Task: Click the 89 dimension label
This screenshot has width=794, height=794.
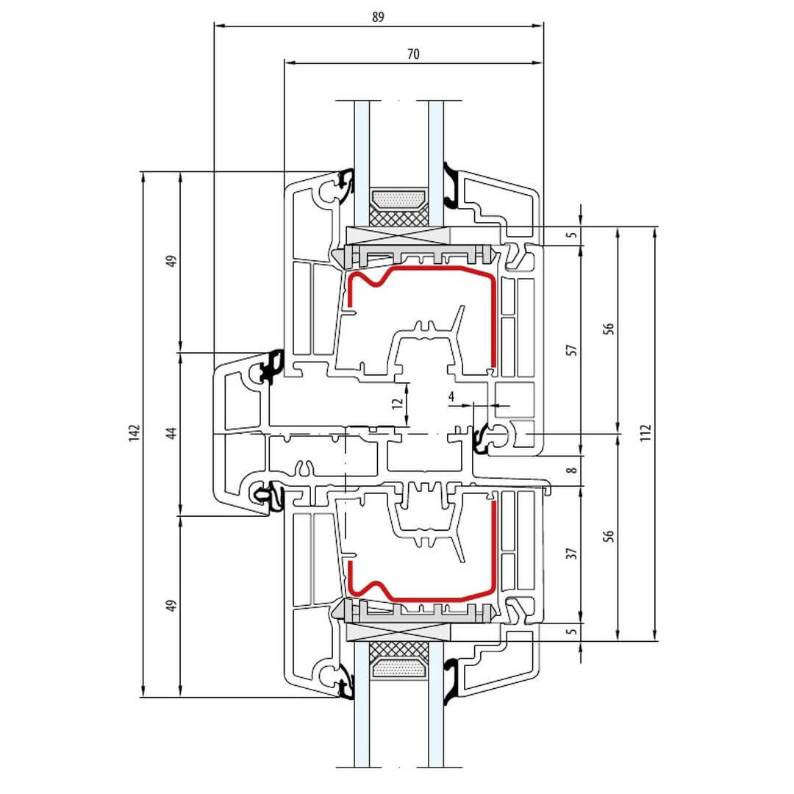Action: coord(378,17)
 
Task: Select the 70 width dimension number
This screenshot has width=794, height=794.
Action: coord(413,54)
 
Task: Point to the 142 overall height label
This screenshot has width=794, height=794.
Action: coord(134,434)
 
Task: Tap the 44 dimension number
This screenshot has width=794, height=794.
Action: coord(172,434)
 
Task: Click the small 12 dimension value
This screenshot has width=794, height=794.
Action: coord(398,403)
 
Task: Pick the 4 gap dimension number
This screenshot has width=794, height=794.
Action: coord(451,396)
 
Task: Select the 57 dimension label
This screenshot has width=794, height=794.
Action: coord(572,350)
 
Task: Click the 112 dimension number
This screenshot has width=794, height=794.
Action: coord(645,433)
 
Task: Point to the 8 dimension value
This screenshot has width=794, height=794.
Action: coord(572,471)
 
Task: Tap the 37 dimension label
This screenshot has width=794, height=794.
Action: coord(572,554)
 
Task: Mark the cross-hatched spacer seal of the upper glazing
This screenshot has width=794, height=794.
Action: coord(399,218)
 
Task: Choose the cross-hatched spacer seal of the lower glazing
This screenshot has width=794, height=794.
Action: coord(399,648)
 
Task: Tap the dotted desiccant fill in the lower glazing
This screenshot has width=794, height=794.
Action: coord(399,669)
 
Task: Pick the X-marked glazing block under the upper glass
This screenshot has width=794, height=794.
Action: coord(398,235)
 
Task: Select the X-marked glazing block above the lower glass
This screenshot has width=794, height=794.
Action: coord(398,632)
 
